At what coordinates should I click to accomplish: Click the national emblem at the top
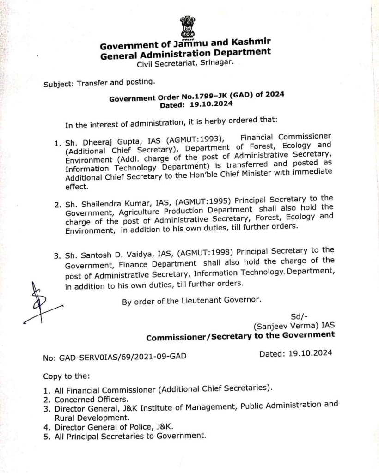188,26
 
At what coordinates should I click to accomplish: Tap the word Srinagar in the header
214,63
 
